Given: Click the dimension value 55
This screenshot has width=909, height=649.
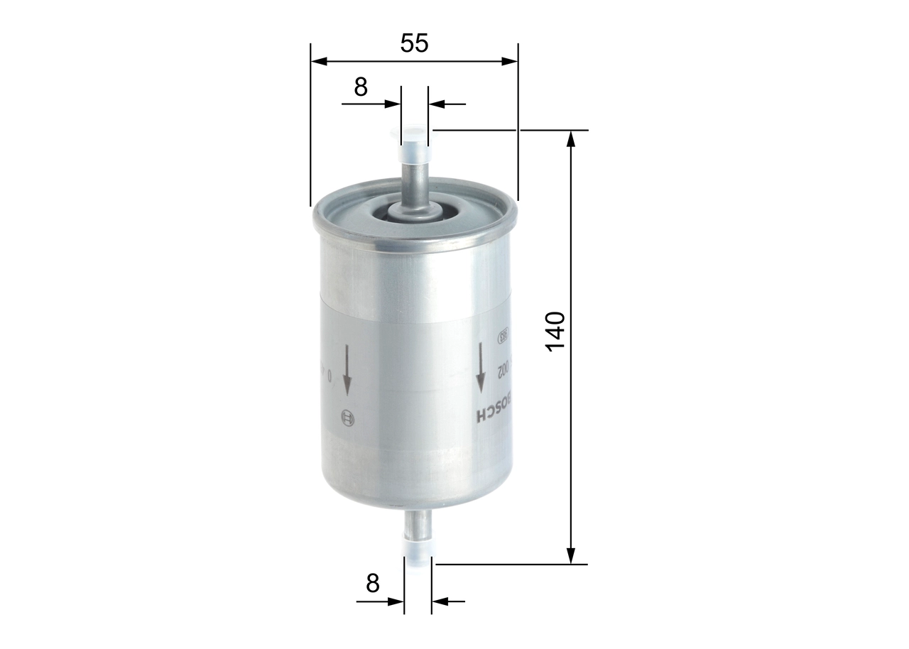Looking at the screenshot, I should point(414,43).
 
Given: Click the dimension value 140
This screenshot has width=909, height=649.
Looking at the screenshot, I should point(555,330).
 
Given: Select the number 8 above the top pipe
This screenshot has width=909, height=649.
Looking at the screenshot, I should point(361,87).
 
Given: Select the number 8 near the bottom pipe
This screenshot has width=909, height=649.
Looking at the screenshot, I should point(372,584).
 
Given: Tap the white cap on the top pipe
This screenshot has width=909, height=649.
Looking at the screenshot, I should point(415,151).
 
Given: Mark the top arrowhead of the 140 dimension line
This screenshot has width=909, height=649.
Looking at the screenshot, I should point(570,138).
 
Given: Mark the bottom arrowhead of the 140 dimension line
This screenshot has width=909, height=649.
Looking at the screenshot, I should point(570,556).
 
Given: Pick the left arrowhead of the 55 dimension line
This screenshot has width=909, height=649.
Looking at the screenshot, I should point(319,62).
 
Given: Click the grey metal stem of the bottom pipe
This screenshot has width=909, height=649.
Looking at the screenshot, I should point(418,525).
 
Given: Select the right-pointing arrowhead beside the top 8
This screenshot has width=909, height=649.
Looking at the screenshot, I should point(393,104).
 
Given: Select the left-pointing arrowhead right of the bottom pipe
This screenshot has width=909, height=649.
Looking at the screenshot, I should point(440,602).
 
